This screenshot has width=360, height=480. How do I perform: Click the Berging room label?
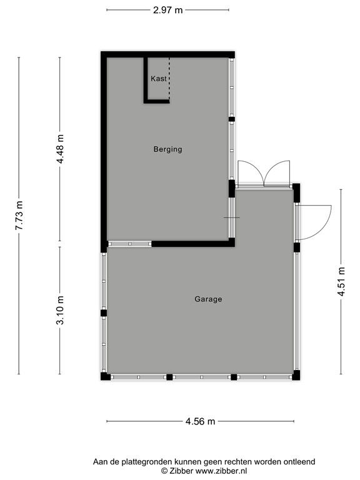point(167,149)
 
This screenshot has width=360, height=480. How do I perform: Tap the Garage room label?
point(208,299)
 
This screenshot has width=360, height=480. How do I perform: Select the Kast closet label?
point(158,79)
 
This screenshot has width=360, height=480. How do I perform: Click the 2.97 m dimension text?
point(167,9)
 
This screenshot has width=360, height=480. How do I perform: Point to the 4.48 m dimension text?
point(61,149)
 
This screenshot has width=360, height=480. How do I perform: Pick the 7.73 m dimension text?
point(19,216)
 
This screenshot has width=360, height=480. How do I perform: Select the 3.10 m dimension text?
point(61,311)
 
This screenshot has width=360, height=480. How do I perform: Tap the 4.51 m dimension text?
point(341,282)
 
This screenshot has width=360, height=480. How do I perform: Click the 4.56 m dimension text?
point(200,421)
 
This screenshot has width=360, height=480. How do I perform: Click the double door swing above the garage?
point(264,174)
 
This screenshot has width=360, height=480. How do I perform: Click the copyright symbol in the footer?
point(164,471)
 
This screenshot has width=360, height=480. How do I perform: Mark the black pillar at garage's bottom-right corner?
point(296,376)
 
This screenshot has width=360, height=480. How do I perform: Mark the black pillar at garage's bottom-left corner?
point(105,376)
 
